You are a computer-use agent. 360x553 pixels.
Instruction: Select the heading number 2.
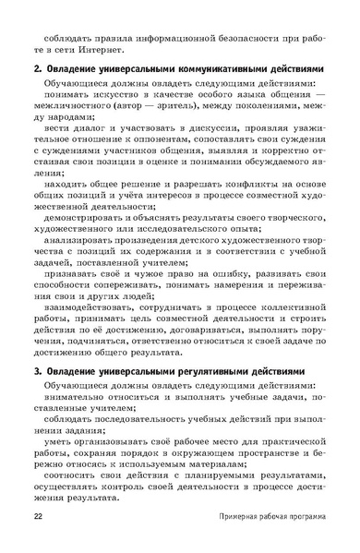(x=36, y=70)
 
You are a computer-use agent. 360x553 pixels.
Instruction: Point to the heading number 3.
(x=36, y=344)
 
